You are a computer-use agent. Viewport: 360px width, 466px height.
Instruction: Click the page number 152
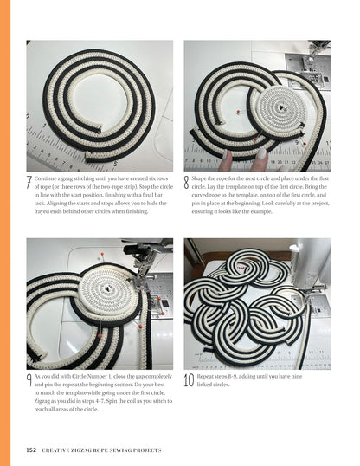[32, 450]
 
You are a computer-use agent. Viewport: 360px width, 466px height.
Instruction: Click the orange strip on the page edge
[4, 233]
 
